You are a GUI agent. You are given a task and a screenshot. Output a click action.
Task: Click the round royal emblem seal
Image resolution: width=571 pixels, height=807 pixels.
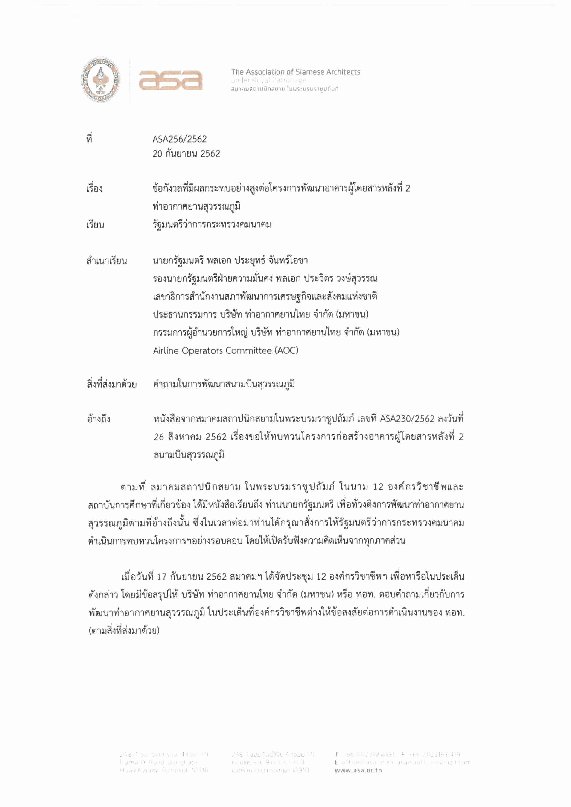point(101,80)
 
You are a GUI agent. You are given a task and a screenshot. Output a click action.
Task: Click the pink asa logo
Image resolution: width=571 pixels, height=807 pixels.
point(171,80)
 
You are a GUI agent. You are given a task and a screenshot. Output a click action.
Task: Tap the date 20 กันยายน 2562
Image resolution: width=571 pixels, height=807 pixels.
point(186,154)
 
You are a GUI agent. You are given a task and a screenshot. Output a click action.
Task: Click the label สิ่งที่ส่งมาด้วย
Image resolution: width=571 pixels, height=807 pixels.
point(111,384)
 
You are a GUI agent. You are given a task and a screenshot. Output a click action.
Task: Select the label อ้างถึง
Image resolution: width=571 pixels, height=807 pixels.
point(99,419)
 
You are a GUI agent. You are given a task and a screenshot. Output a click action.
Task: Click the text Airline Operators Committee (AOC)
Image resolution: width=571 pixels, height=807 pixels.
point(225,351)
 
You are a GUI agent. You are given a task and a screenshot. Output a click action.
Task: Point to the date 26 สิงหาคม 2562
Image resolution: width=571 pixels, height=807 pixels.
point(190,437)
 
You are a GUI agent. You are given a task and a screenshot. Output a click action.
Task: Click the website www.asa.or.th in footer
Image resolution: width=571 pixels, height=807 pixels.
point(358,770)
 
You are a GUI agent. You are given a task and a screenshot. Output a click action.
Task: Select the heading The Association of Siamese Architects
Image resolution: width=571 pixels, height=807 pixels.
point(295,72)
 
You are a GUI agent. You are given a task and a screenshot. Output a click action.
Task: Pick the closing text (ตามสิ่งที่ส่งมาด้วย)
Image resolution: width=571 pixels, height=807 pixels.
point(124,630)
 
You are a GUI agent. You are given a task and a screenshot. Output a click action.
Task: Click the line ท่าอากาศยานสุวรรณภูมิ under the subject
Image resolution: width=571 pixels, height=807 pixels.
point(196,206)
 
